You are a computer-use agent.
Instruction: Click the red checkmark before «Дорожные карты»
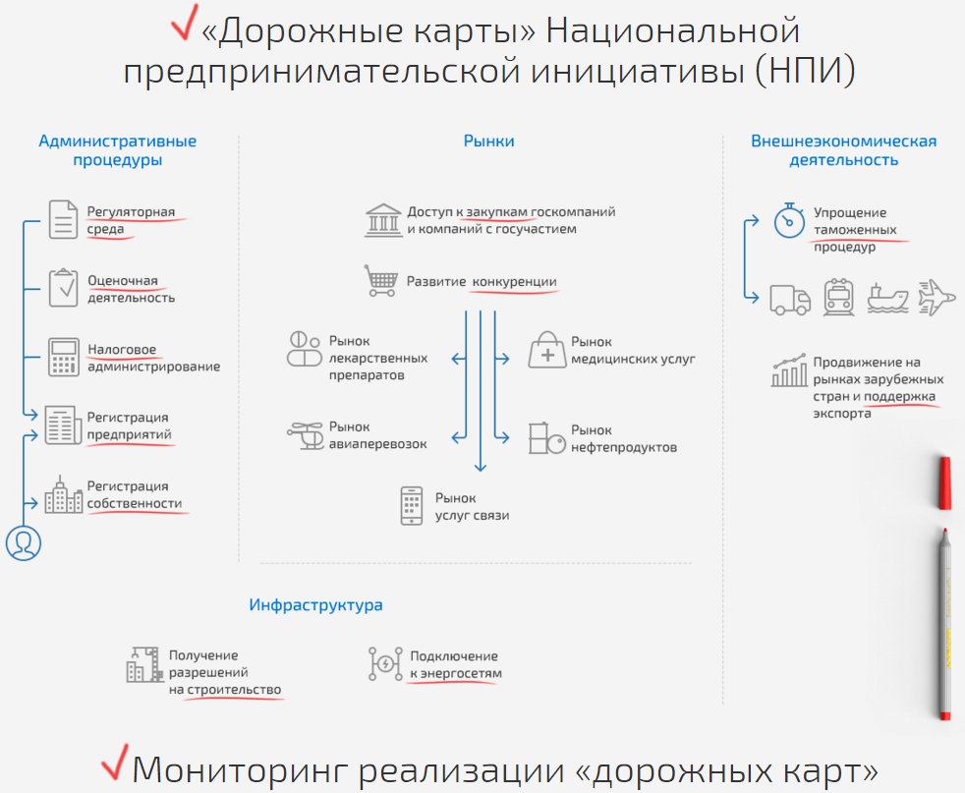[185, 25]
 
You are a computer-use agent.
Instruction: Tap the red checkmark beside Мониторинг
[115, 763]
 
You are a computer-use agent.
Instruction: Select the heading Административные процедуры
[118, 150]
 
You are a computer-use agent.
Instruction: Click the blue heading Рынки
[488, 141]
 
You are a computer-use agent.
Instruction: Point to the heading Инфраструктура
[315, 604]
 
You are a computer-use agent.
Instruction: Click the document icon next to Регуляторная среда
[63, 220]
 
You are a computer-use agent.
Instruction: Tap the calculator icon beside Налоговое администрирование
[64, 357]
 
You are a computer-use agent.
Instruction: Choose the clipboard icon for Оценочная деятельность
[64, 287]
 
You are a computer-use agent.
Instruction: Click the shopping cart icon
[380, 280]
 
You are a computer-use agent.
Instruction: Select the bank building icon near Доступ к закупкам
[383, 220]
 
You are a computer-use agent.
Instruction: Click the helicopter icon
[306, 435]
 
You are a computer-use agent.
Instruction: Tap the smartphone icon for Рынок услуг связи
[412, 506]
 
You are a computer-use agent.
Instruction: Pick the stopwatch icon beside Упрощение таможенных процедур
[789, 220]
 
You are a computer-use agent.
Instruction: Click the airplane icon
[937, 298]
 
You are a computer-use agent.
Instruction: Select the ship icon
[887, 299]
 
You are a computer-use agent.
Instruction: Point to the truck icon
[790, 301]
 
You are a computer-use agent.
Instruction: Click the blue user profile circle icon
[24, 543]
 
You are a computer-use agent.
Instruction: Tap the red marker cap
[944, 482]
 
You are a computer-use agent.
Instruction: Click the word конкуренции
[515, 282]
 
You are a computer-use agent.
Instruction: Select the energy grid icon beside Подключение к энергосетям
[385, 664]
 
